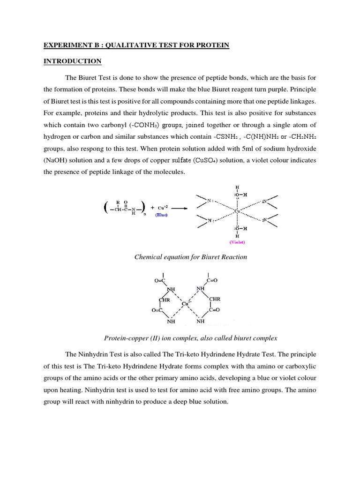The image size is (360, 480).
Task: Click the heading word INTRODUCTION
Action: click(73, 61)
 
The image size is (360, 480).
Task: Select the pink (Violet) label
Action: click(237, 242)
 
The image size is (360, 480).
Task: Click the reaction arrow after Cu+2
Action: click(183, 208)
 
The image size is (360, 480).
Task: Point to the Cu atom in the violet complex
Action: click(237, 211)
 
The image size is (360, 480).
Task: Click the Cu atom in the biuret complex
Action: click(186, 304)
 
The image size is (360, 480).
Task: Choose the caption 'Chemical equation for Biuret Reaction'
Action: click(191, 257)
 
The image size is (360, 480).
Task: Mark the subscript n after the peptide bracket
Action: click(144, 213)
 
